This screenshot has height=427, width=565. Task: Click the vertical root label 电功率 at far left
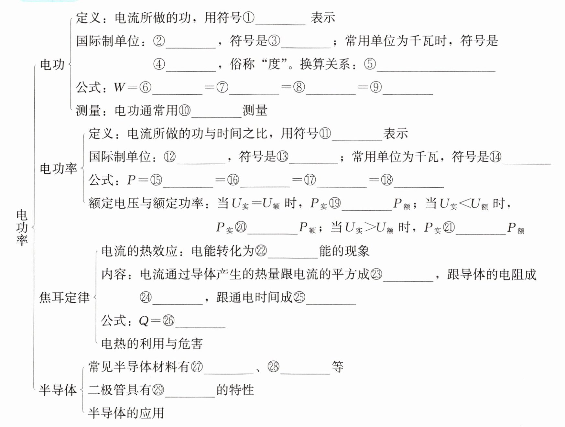coord(22,227)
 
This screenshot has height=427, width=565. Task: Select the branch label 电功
coord(52,65)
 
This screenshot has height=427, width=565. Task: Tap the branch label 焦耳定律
coord(64,297)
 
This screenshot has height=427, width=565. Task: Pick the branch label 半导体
coord(58,390)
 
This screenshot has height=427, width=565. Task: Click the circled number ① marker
coord(248,18)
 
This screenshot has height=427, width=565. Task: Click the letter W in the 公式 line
coord(120,87)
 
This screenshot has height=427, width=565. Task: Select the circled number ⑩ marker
coord(185,111)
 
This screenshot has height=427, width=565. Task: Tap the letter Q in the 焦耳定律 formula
coord(144,321)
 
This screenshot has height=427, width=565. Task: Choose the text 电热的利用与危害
coord(152,344)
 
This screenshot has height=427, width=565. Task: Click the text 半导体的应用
coord(126,413)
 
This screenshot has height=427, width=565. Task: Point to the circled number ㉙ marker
coord(158,390)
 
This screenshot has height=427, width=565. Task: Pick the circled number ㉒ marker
coord(261,251)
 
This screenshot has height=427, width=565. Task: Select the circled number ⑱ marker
coord(387,180)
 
